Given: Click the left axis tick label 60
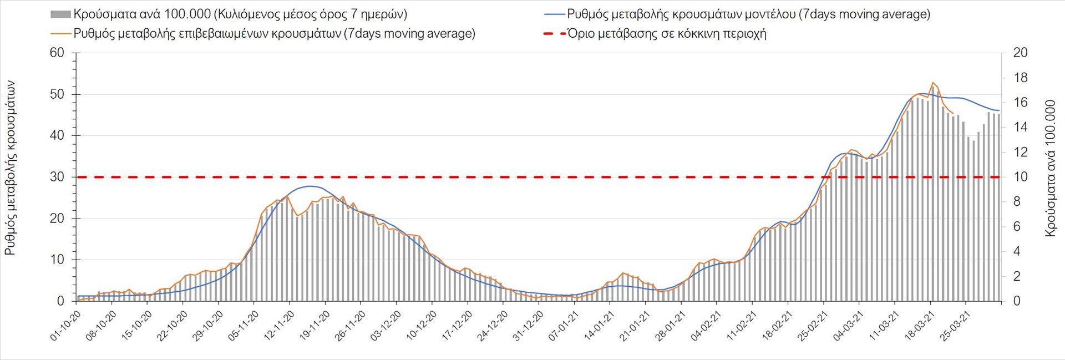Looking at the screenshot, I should click(57, 53).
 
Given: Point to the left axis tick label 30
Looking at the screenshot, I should click(57, 178).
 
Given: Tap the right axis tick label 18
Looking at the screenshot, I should click(1021, 78).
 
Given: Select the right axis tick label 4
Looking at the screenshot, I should click(1017, 252).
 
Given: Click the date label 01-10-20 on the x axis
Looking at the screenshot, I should click(66, 326).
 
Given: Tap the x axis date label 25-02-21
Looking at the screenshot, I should click(813, 326).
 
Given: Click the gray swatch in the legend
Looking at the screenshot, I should click(60, 14).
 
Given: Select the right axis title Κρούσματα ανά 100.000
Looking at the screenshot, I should click(1050, 169).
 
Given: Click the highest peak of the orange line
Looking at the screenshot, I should click(933, 83).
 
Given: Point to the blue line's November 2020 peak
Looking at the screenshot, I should click(310, 186).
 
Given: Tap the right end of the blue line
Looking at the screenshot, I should click(999, 110).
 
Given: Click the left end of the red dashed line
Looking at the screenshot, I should click(78, 178).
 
